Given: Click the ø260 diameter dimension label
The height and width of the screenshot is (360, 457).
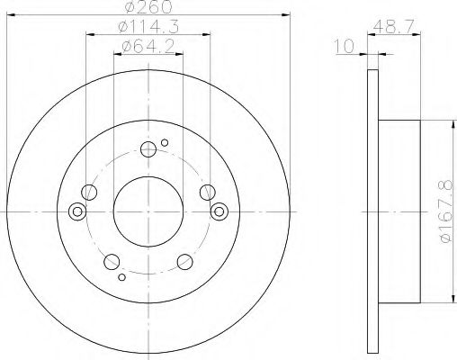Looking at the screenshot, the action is point(148,7).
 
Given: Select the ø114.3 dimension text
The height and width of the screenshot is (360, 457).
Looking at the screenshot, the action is point(148,27).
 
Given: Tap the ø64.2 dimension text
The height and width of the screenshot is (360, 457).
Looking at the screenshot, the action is point(148,47).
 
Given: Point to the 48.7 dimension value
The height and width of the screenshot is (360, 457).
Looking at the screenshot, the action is point(394,26).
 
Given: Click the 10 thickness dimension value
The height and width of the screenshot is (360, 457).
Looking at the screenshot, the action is point(345,47).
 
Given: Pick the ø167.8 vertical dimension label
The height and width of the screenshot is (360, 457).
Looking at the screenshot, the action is point(446,211).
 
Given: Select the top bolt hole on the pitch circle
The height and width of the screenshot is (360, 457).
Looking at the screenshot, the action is point(148,149).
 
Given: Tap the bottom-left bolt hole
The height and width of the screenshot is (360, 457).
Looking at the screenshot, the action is point(112,262).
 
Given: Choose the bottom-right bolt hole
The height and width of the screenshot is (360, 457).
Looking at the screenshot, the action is point(185,262).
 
